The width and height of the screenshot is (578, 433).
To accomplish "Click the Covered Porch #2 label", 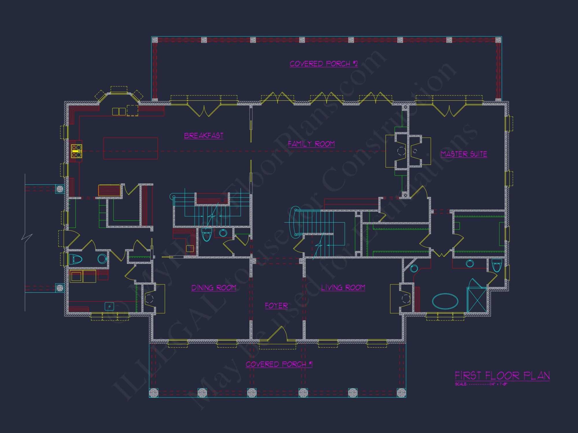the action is pyautogui.click(x=324, y=64).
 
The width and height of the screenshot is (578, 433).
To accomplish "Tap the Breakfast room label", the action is pyautogui.click(x=204, y=136).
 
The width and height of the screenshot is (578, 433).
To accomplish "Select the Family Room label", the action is pyautogui.click(x=311, y=144).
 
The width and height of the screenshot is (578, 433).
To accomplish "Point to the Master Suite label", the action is pyautogui.click(x=464, y=154).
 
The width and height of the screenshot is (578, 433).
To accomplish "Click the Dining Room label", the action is pyautogui.click(x=214, y=288).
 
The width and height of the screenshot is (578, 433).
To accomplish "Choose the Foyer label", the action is pyautogui.click(x=276, y=306).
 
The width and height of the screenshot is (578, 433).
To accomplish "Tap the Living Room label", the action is pyautogui.click(x=343, y=288).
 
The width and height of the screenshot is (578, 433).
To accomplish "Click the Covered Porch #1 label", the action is pyautogui.click(x=279, y=364).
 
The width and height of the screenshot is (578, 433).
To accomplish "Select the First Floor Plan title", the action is pyautogui.click(x=502, y=376).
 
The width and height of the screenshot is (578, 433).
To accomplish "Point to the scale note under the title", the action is pyautogui.click(x=481, y=384).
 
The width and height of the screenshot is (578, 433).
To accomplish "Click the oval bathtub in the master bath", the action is pyautogui.click(x=445, y=301).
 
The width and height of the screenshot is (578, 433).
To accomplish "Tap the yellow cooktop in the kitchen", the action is pyautogui.click(x=77, y=151).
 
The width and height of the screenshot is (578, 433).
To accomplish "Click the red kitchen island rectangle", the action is pyautogui.click(x=131, y=148).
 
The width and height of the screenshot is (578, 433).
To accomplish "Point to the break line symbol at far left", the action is pyautogui.click(x=27, y=238).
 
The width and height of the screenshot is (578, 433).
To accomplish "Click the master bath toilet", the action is pyautogui.click(x=497, y=265).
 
